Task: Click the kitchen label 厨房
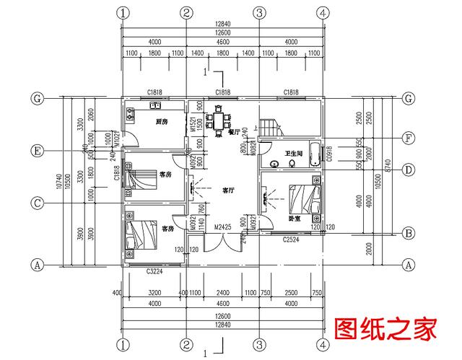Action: (x=162, y=122)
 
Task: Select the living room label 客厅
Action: (x=228, y=190)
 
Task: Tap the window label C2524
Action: (x=292, y=239)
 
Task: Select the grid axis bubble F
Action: (x=409, y=137)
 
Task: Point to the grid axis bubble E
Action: (x=35, y=151)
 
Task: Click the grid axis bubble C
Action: (x=35, y=203)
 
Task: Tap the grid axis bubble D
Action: (x=409, y=170)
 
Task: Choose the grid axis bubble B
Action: (x=409, y=232)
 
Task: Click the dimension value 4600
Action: (x=222, y=41)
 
